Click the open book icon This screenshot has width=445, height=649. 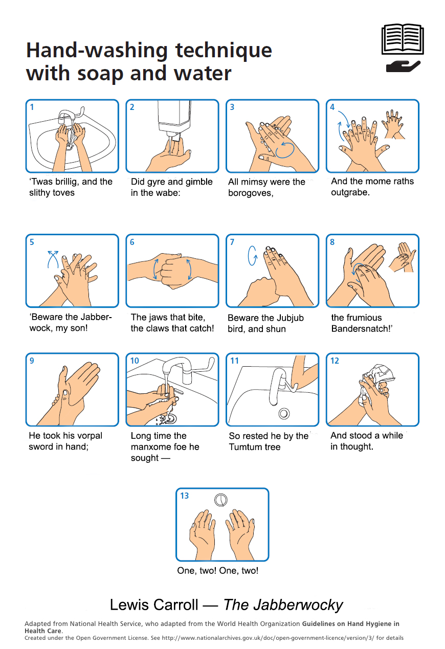coord(403,39)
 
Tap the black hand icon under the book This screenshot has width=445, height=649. coord(403,66)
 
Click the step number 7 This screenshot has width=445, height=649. coord(232,242)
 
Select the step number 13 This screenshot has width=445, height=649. coord(184,496)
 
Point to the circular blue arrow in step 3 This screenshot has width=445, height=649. coord(284,149)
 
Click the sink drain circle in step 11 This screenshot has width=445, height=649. coord(283,413)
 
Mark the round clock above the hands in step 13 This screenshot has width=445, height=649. coord(221,499)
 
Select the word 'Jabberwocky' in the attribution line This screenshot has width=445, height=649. coord(283,605)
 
